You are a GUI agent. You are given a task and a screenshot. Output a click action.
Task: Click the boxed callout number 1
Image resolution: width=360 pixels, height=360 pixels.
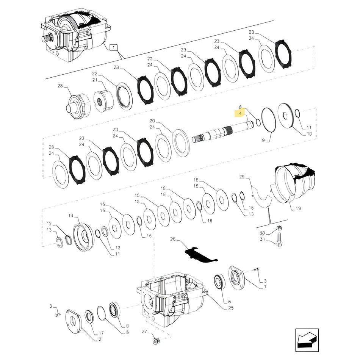point(114,47)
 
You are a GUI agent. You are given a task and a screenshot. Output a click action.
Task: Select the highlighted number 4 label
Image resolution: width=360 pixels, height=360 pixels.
point(240,113)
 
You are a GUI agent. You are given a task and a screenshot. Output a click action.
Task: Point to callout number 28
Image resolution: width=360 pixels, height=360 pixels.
point(59,86)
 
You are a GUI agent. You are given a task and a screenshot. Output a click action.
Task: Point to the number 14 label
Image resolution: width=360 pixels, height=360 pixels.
point(70,216)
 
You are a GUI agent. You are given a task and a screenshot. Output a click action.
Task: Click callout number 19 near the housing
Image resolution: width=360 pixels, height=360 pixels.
point(298,208)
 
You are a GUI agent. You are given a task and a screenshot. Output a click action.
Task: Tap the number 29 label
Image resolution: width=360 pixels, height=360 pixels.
point(242,177)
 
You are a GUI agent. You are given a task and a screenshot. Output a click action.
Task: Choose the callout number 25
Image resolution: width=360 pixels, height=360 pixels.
point(231,308)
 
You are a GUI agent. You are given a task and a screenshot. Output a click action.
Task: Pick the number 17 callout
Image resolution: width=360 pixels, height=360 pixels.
point(101,333)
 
